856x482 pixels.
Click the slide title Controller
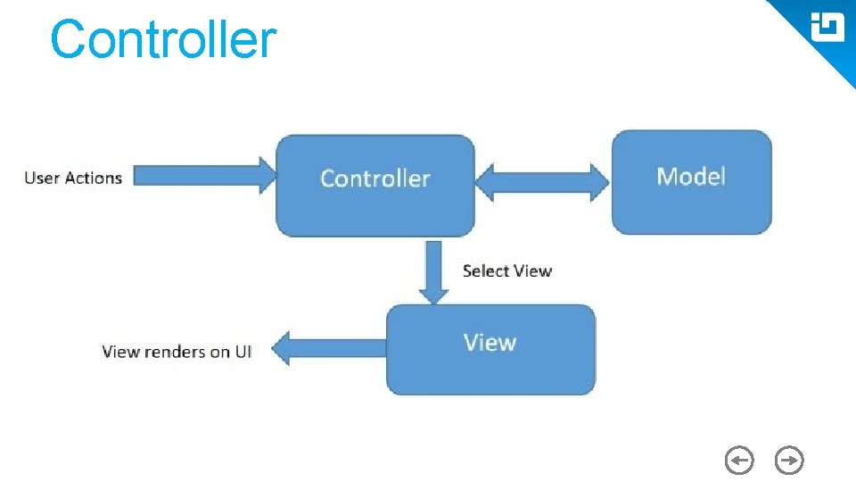[x=163, y=41]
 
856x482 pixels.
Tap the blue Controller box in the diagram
[x=374, y=185]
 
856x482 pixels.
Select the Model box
[x=691, y=181]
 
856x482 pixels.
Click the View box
[x=490, y=349]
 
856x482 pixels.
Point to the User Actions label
[x=73, y=178]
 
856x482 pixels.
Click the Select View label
[x=506, y=270]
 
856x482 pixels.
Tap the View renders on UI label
[x=177, y=351]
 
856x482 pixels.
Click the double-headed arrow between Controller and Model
[x=541, y=183]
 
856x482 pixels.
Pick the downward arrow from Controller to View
[x=434, y=271]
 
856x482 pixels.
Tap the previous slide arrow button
[x=739, y=461]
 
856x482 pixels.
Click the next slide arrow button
[x=789, y=461]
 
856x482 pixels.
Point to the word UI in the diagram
[x=243, y=351]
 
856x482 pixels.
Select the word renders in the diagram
[x=174, y=351]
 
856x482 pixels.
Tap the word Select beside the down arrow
[x=485, y=270]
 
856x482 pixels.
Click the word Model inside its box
[x=691, y=176]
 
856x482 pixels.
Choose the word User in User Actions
[x=41, y=178]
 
